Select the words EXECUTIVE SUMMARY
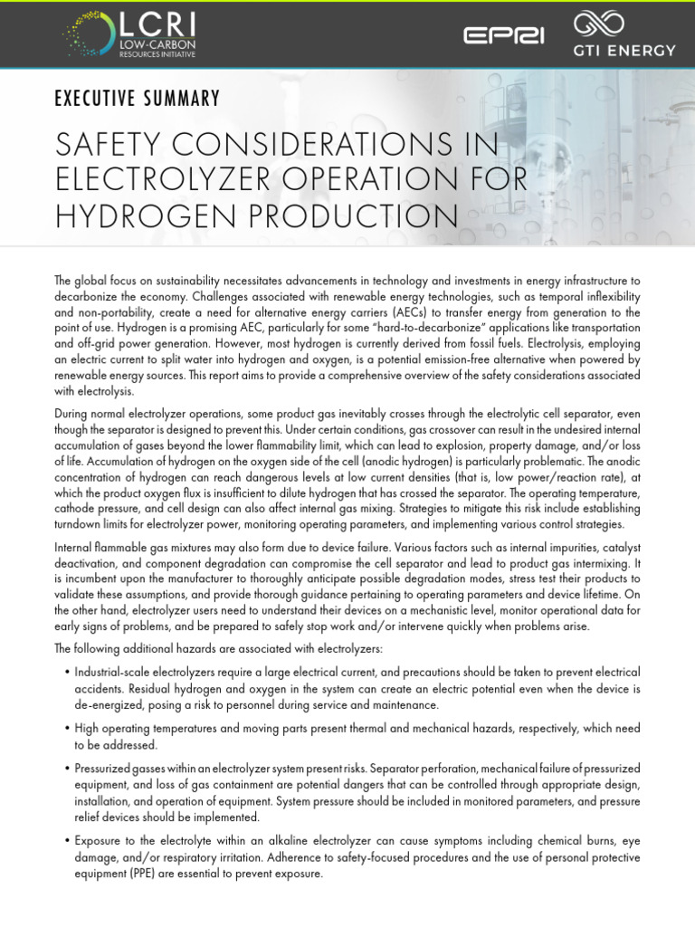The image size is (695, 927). (137, 98)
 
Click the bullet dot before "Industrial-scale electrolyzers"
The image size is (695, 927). (67, 673)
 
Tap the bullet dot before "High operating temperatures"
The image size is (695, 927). (67, 729)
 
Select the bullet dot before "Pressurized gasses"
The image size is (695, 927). (67, 768)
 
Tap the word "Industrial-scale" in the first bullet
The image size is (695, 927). (115, 673)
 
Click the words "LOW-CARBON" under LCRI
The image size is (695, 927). (145, 44)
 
